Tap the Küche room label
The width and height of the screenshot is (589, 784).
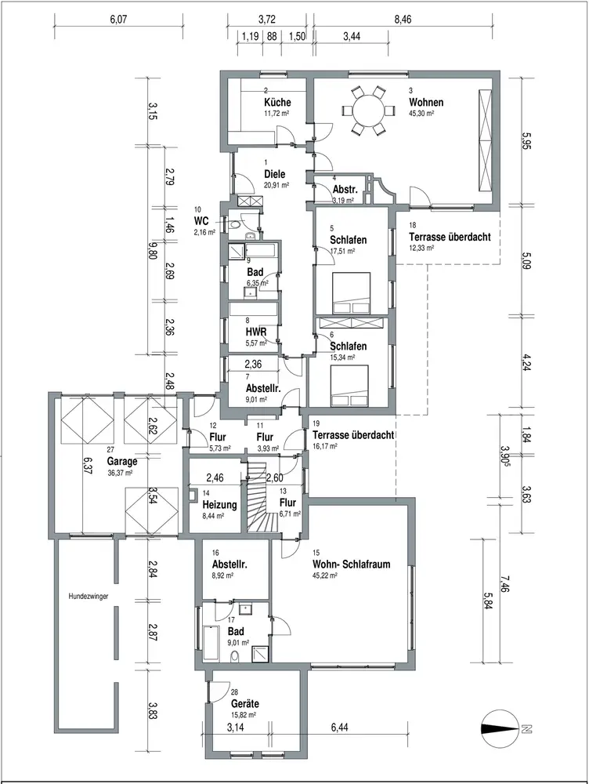pos(277,102)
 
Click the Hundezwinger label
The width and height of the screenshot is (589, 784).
pos(89,596)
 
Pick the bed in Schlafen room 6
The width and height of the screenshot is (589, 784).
pos(349,386)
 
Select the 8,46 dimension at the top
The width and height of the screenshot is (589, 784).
pos(403,20)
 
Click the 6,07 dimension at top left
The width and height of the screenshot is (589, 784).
pos(119,20)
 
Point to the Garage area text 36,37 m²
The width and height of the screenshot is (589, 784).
pos(120,472)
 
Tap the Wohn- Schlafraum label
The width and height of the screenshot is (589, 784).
pos(351,564)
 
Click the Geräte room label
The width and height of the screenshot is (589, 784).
pos(245,703)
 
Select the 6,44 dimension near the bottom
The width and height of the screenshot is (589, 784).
pos(339,727)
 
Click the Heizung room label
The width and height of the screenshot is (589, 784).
pos(219,504)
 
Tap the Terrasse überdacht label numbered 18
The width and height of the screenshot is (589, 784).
pos(450,237)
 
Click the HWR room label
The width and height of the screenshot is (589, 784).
pos(255,332)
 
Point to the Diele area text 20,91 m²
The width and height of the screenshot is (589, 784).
pos(276,185)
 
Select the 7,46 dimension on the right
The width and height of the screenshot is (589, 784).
pos(504,583)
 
